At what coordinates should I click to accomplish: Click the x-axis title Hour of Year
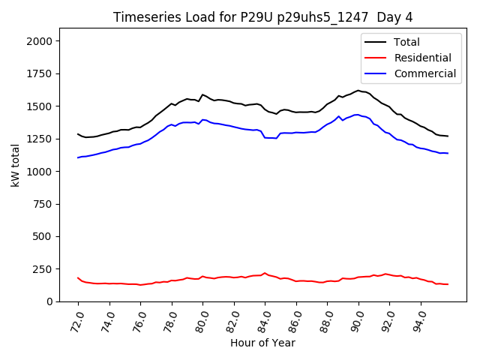(262, 343)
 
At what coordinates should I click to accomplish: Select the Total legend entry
(407, 42)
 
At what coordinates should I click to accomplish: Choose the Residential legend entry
(423, 58)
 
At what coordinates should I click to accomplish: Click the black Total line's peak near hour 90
(358, 91)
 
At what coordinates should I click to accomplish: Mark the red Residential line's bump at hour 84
(265, 273)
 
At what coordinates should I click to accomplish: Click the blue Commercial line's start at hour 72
(78, 157)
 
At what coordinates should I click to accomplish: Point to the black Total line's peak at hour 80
(202, 94)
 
